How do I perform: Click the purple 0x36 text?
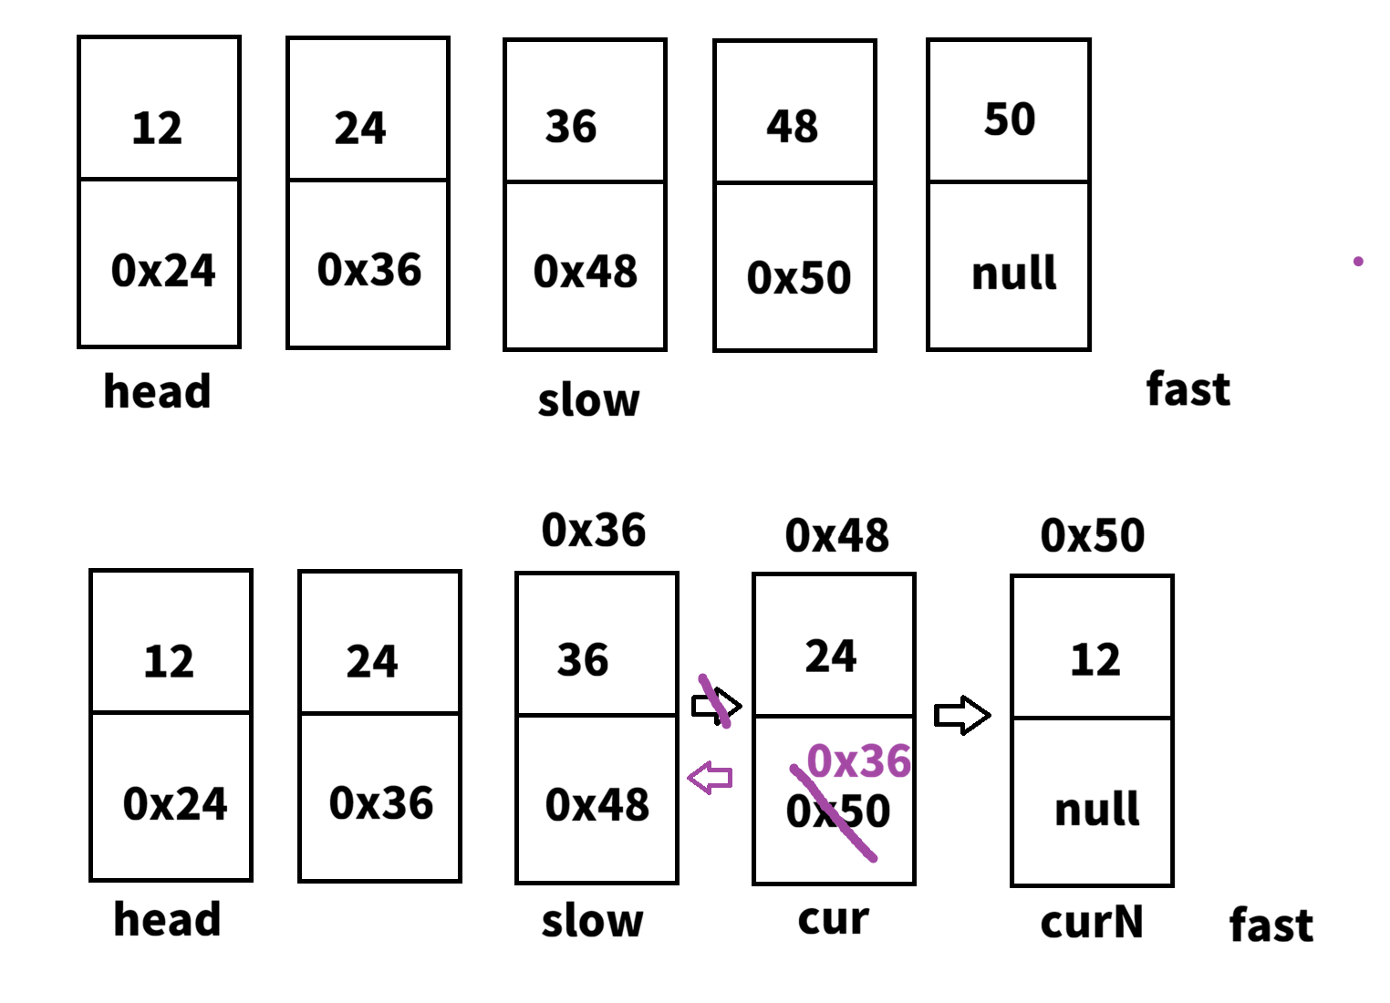(858, 761)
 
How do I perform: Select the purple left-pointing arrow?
(710, 778)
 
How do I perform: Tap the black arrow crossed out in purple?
(716, 705)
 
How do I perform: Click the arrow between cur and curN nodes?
(962, 715)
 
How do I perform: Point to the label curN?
(1092, 922)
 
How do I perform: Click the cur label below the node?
(833, 918)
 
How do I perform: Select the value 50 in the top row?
(1010, 119)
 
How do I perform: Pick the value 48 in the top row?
(792, 127)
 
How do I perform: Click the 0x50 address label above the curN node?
(1092, 535)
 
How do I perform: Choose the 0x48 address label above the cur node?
(836, 535)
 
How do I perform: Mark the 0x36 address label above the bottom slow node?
(593, 530)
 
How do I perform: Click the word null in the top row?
(1013, 274)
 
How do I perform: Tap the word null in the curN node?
(1096, 810)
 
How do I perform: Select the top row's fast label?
(1188, 389)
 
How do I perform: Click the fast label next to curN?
(1271, 925)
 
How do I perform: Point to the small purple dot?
(1358, 262)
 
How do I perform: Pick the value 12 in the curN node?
(1094, 659)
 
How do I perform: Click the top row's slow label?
(588, 400)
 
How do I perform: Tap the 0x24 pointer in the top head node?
(163, 271)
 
